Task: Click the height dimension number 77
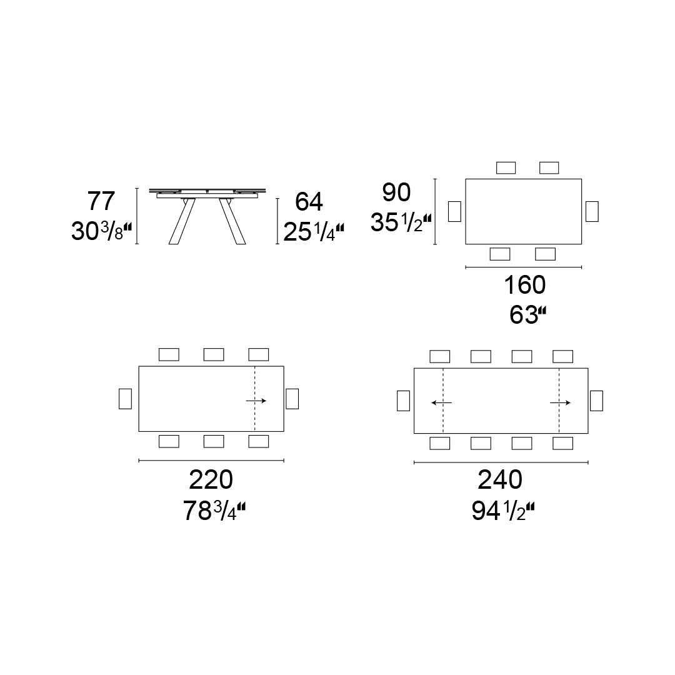101,202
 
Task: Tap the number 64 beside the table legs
309,202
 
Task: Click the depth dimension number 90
397,193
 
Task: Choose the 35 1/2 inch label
401,222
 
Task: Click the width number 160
524,285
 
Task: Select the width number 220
211,480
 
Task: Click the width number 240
499,480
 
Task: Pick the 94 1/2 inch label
503,511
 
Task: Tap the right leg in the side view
231,222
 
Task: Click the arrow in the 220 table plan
256,401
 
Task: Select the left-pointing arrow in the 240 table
441,403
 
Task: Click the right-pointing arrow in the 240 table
560,403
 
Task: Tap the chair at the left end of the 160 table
454,211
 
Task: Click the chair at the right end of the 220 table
292,399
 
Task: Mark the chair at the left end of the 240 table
403,401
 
